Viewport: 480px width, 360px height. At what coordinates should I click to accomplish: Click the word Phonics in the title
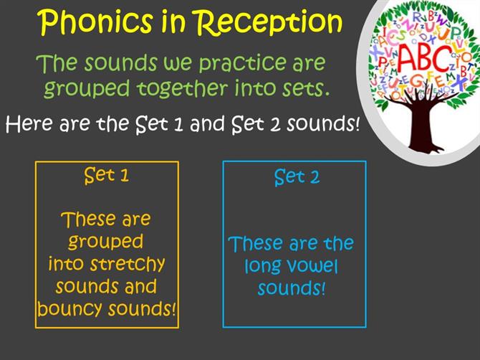(97, 22)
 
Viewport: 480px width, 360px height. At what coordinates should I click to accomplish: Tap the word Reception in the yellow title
(269, 22)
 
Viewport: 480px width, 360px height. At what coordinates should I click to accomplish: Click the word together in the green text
(182, 88)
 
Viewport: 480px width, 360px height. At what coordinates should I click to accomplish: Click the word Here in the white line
(29, 123)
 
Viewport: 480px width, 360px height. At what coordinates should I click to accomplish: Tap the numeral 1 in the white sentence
(178, 124)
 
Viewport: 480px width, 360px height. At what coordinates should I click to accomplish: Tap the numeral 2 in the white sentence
(275, 124)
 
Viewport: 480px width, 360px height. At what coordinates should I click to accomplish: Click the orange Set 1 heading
(107, 175)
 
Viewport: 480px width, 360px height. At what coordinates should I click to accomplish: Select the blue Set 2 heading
(297, 177)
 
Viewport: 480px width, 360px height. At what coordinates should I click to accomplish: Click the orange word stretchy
(128, 265)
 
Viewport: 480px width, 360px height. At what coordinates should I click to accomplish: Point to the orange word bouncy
(69, 308)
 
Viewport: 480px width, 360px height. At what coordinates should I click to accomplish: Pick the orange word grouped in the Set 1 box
(105, 242)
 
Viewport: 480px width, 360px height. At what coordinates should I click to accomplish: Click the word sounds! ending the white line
(323, 124)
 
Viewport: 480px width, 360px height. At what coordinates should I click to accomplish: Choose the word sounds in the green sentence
(120, 63)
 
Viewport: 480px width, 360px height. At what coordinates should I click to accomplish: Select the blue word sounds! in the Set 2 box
(291, 288)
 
